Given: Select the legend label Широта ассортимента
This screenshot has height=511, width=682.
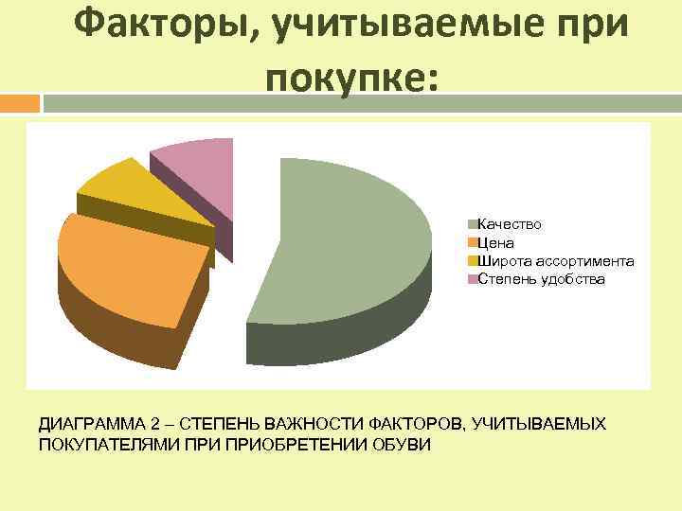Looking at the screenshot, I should tap(556, 261).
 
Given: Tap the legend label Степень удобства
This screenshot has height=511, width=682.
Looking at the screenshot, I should tap(541, 279).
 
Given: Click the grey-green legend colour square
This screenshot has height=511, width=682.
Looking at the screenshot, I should tap(472, 224).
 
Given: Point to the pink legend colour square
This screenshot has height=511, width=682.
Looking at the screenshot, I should tap(472, 279).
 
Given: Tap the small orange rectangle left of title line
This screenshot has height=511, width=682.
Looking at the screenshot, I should tap(19, 101).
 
